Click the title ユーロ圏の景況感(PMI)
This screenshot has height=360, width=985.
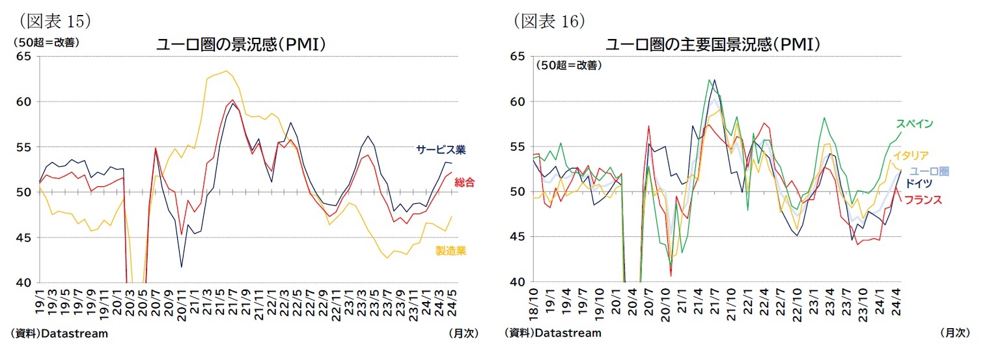tap(240, 45)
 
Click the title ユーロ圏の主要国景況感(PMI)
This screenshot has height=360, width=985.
tap(712, 45)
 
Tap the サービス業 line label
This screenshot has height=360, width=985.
tap(441, 150)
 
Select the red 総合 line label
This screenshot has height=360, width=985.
tap(465, 182)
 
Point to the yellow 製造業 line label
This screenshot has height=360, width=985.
tap(451, 251)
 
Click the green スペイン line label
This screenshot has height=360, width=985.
tap(914, 124)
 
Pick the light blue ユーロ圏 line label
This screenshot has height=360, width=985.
tap(929, 171)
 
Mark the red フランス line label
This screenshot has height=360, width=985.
tap(924, 199)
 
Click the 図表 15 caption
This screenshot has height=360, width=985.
tap(55, 20)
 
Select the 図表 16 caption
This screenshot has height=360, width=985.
tap(550, 20)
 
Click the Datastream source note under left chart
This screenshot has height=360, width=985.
tap(59, 333)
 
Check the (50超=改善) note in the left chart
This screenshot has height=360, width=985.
tap(44, 42)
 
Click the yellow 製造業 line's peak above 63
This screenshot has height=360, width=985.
tap(226, 71)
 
